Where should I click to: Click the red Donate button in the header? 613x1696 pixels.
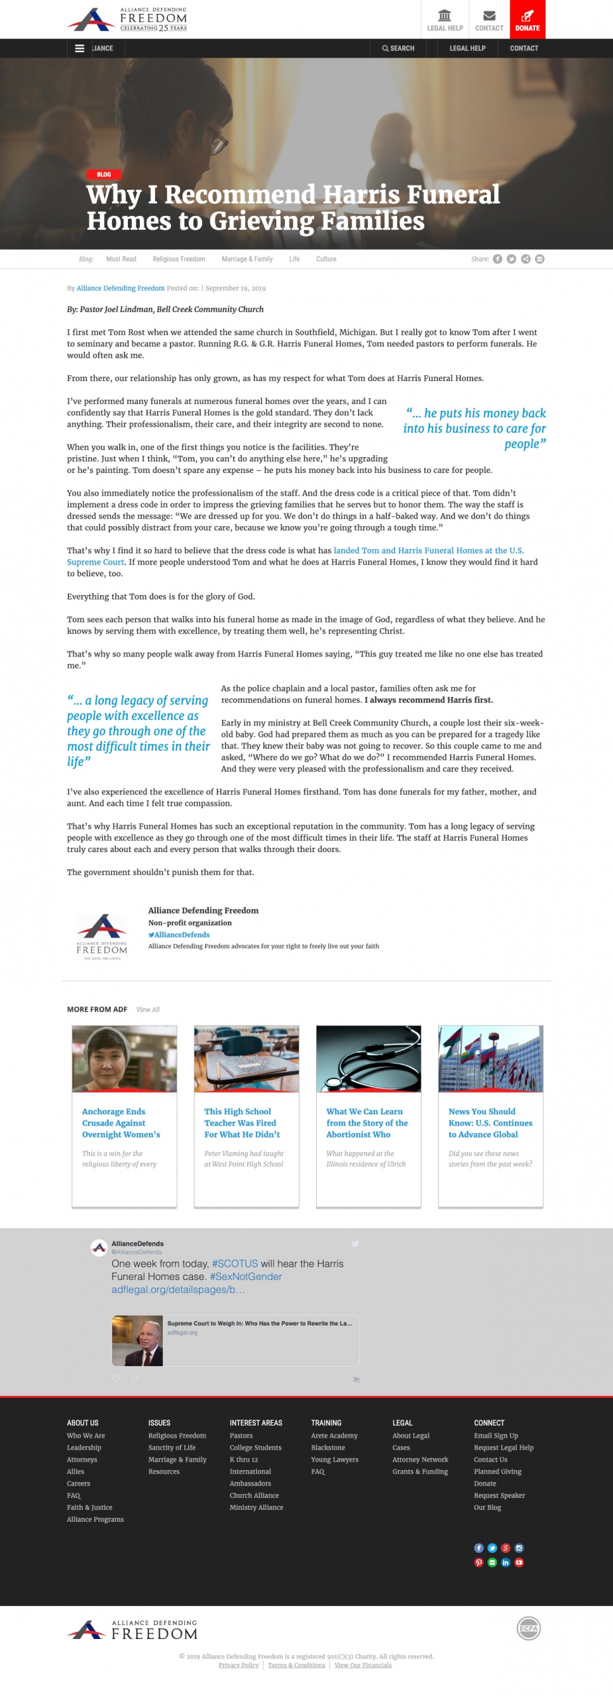click(528, 19)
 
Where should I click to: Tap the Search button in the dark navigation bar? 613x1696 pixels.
click(398, 48)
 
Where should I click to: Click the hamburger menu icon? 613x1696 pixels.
click(80, 48)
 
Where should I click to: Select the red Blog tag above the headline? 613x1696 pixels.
click(103, 174)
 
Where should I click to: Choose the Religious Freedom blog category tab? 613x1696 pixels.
click(179, 259)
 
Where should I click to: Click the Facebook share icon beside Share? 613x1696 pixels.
click(497, 259)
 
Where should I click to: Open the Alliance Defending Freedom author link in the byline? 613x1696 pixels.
click(121, 288)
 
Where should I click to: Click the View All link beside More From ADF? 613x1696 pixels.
click(148, 1010)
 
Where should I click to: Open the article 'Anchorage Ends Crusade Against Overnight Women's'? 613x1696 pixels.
click(121, 1123)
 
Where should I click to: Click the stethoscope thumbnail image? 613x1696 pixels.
click(368, 1058)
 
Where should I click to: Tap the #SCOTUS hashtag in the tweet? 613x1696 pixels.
click(235, 1263)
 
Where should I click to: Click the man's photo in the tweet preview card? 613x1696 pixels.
click(137, 1340)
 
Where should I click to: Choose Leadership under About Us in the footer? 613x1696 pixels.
click(84, 1448)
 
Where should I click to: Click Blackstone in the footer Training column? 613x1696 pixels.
click(328, 1448)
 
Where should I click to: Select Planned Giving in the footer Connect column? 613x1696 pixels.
click(497, 1471)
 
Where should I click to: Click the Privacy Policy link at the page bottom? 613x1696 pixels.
click(239, 1665)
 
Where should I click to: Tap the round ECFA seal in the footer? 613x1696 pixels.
click(528, 1628)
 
